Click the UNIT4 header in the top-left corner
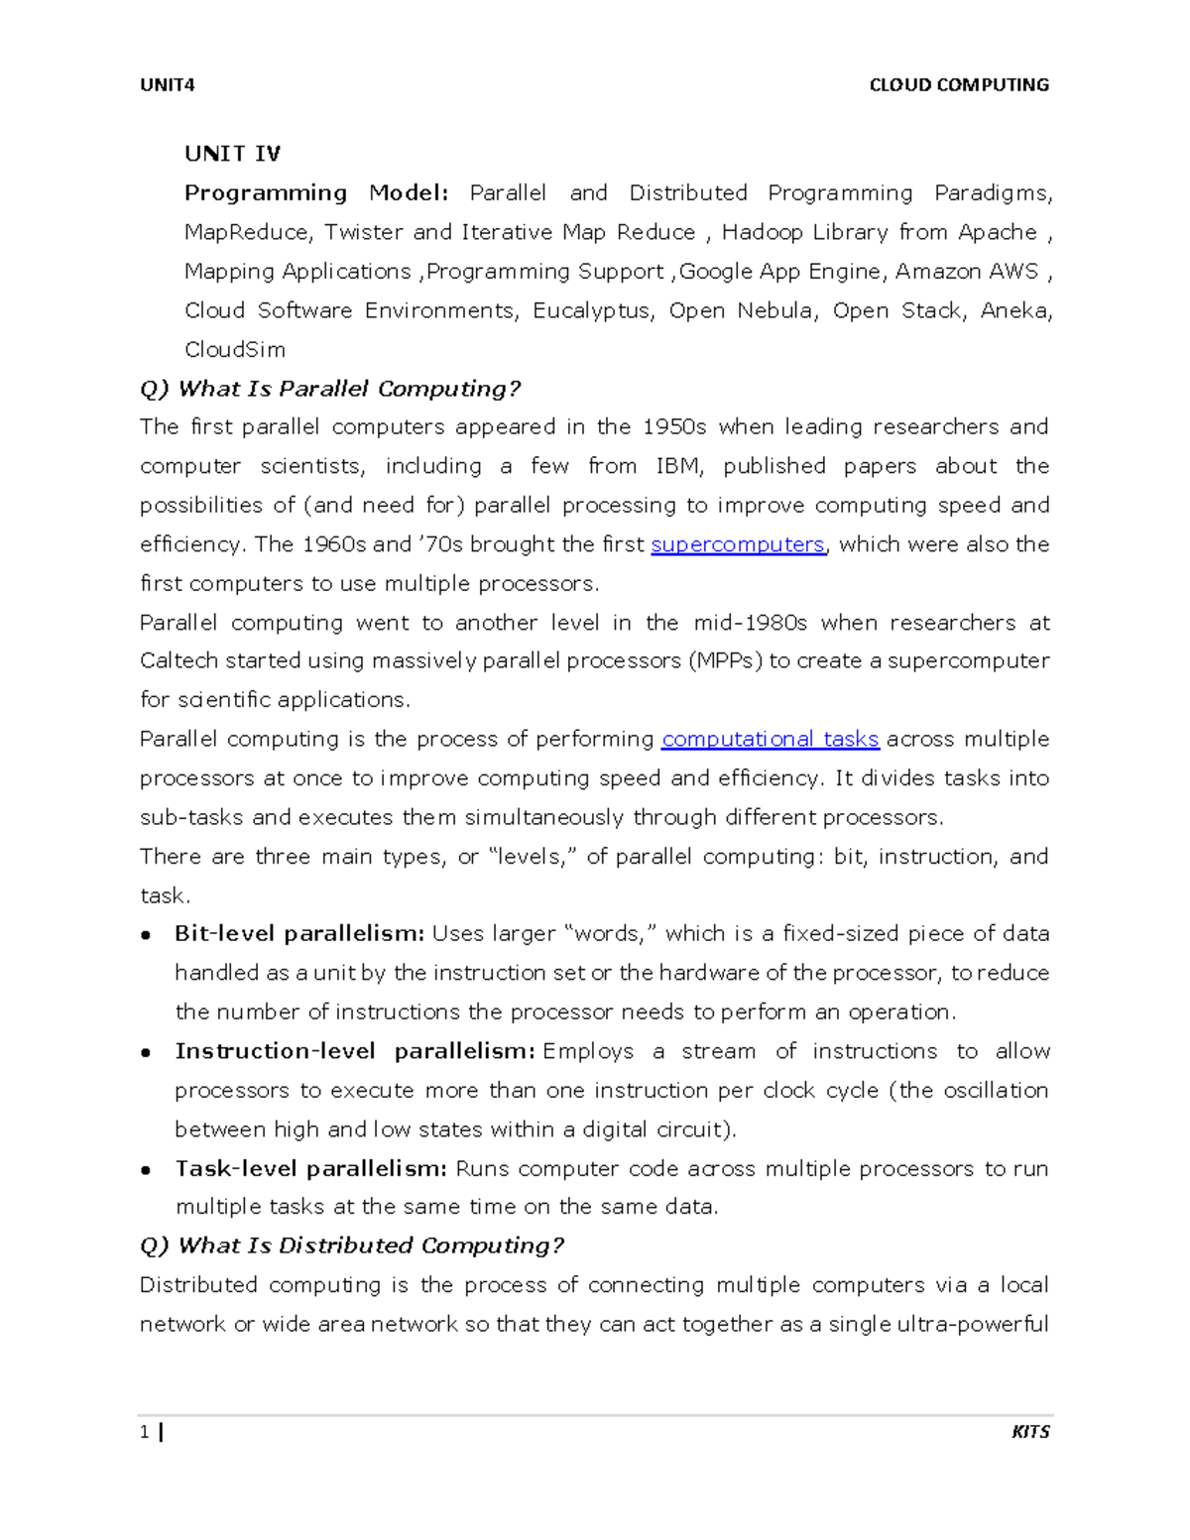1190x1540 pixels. pyautogui.click(x=167, y=85)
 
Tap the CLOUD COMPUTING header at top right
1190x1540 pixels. pyautogui.click(x=958, y=85)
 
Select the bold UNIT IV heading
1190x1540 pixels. pyautogui.click(x=232, y=154)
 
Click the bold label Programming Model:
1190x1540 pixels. pyautogui.click(x=316, y=193)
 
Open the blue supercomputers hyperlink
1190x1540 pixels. pyautogui.click(x=737, y=544)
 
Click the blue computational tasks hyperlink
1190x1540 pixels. pyautogui.click(x=770, y=740)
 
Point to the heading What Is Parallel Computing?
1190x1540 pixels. pyautogui.click(x=330, y=389)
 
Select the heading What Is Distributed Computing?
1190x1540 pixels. pyautogui.click(x=352, y=1245)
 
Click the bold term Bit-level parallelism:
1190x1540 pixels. pyautogui.click(x=299, y=934)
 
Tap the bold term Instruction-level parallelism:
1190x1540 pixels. pyautogui.click(x=355, y=1051)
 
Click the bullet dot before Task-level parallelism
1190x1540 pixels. pyautogui.click(x=146, y=1170)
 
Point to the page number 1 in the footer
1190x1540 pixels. pyautogui.click(x=145, y=1432)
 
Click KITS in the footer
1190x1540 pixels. pyautogui.click(x=1029, y=1432)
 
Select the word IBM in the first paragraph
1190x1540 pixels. pyautogui.click(x=676, y=466)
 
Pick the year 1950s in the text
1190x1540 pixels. pyautogui.click(x=674, y=427)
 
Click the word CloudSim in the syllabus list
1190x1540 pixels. pyautogui.click(x=235, y=350)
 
